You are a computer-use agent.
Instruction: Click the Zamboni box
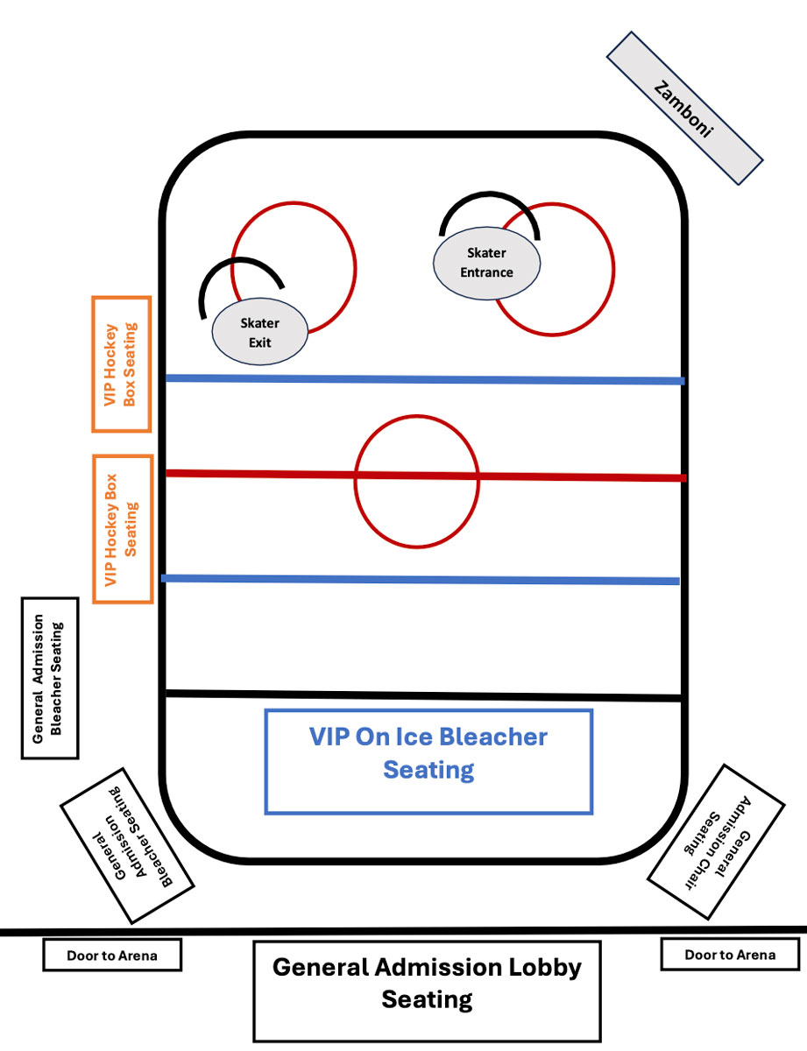point(684,109)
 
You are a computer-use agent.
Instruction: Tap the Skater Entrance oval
point(486,263)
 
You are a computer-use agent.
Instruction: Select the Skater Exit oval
point(260,331)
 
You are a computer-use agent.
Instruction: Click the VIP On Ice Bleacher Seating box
point(428,762)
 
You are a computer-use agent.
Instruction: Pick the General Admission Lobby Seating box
point(428,991)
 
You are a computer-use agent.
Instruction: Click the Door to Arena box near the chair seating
point(730,955)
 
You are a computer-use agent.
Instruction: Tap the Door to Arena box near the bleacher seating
point(112,956)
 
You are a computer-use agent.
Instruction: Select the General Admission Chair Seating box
point(716,842)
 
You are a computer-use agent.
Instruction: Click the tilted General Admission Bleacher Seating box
point(127,846)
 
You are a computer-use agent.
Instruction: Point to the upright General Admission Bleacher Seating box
point(50,678)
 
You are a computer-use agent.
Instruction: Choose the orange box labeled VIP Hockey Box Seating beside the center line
point(123,529)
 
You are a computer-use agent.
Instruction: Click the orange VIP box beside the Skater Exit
point(122,364)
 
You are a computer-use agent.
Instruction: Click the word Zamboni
point(683,109)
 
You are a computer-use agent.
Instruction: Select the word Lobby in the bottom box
point(545,968)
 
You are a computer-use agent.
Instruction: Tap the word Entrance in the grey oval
point(486,272)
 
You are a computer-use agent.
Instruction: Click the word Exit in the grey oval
point(260,342)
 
